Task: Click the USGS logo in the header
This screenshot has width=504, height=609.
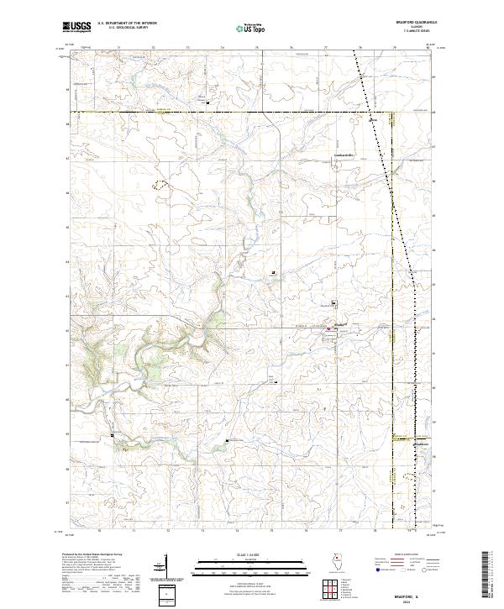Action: pyautogui.click(x=76, y=28)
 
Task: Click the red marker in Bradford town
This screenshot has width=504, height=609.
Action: pyautogui.click(x=329, y=331)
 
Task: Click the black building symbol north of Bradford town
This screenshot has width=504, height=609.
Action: pyautogui.click(x=334, y=303)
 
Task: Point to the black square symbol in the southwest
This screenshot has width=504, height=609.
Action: pyautogui.click(x=113, y=435)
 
